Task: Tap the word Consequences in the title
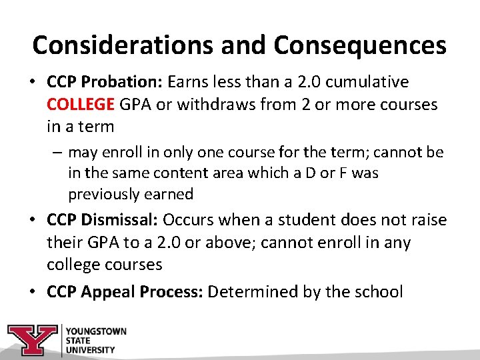point(360,45)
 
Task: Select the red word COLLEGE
point(81,105)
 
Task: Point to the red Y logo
point(32,340)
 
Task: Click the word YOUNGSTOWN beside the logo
point(95,331)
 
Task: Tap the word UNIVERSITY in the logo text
point(90,349)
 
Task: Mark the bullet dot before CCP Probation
point(32,83)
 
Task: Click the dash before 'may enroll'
point(59,153)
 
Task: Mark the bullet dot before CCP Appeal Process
point(32,292)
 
